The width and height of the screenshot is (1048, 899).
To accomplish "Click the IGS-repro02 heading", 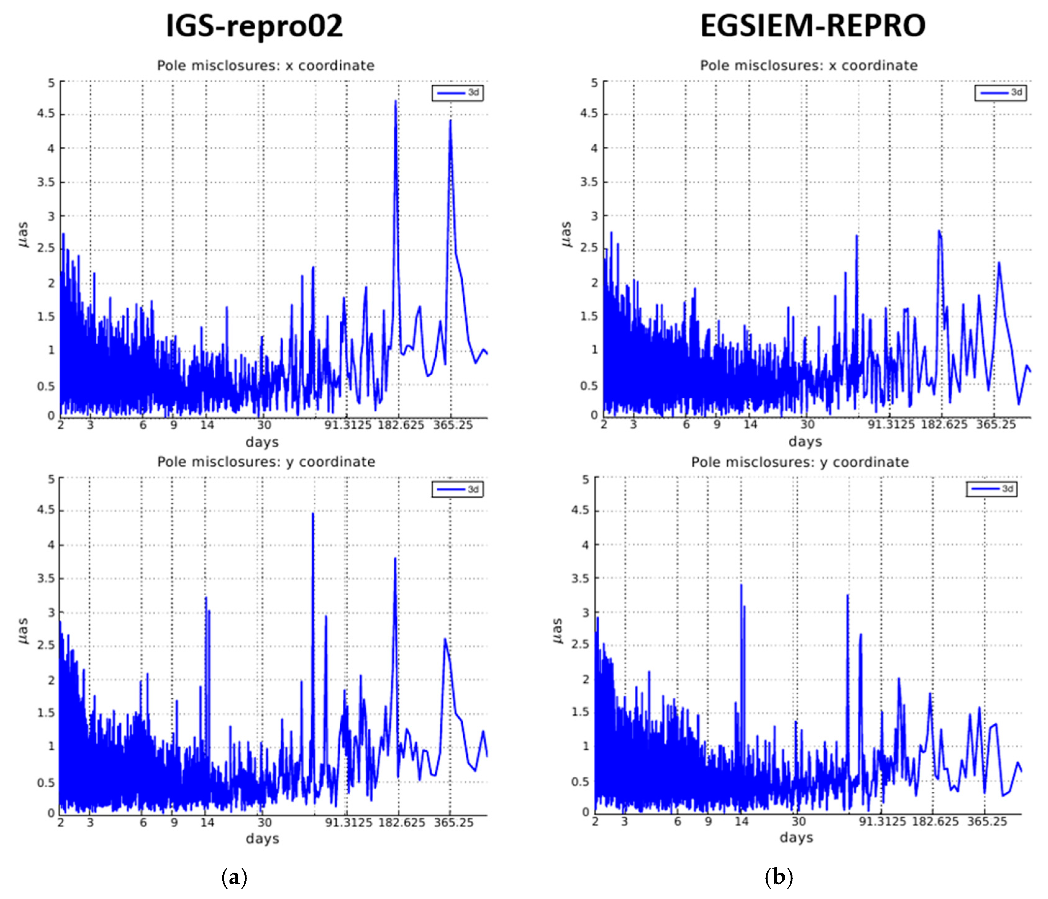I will (x=254, y=26).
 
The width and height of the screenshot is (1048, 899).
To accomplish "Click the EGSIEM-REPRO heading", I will (x=813, y=26).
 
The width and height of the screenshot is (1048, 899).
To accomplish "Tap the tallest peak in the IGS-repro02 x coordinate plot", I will (x=396, y=101).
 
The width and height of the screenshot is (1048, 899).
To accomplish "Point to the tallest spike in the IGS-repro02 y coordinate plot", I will (x=313, y=514).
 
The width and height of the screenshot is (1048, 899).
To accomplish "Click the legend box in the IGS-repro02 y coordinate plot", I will (x=457, y=489).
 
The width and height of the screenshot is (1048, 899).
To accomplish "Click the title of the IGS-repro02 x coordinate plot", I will (x=265, y=66).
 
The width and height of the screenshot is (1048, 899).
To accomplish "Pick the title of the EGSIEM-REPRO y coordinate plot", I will (x=800, y=462).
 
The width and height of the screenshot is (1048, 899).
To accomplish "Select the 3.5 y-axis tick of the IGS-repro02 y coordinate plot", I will (x=46, y=578).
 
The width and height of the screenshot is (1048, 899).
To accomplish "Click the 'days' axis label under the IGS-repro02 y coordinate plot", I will (x=262, y=839).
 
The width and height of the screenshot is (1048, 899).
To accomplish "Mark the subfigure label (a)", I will (x=234, y=877).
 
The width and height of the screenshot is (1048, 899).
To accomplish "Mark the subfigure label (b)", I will (x=778, y=877).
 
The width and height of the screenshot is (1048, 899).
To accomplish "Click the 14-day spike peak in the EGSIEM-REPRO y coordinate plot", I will (x=741, y=585).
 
